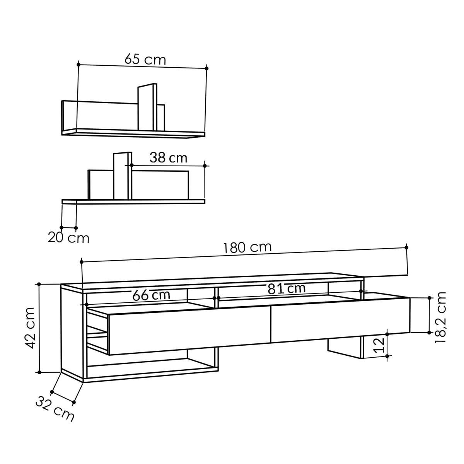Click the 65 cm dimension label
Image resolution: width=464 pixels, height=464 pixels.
[145, 60]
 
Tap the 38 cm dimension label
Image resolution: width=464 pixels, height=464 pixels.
[168, 158]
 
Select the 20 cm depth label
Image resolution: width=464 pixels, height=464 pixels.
[68, 237]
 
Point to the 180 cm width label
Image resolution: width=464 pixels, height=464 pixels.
[247, 247]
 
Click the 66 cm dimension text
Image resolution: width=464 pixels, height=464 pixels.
[151, 295]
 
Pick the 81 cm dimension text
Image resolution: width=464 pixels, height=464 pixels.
[286, 288]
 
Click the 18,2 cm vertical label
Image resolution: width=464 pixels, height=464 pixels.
[440, 317]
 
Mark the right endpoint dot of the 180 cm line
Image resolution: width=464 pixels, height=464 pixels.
[406, 247]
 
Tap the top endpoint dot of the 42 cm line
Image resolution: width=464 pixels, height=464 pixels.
[39, 284]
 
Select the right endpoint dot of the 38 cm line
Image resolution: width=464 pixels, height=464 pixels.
[205, 165]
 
